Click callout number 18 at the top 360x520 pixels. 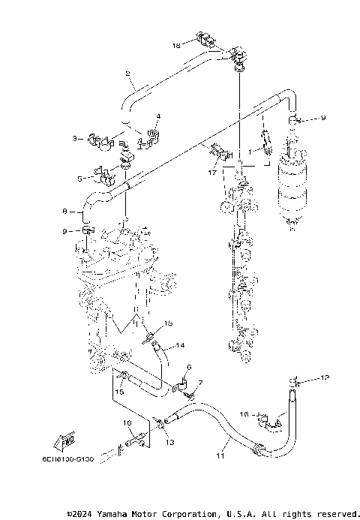tap(176, 46)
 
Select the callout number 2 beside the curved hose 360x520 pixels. tap(128, 73)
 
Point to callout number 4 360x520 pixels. tap(158, 116)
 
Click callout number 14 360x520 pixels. tap(180, 346)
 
